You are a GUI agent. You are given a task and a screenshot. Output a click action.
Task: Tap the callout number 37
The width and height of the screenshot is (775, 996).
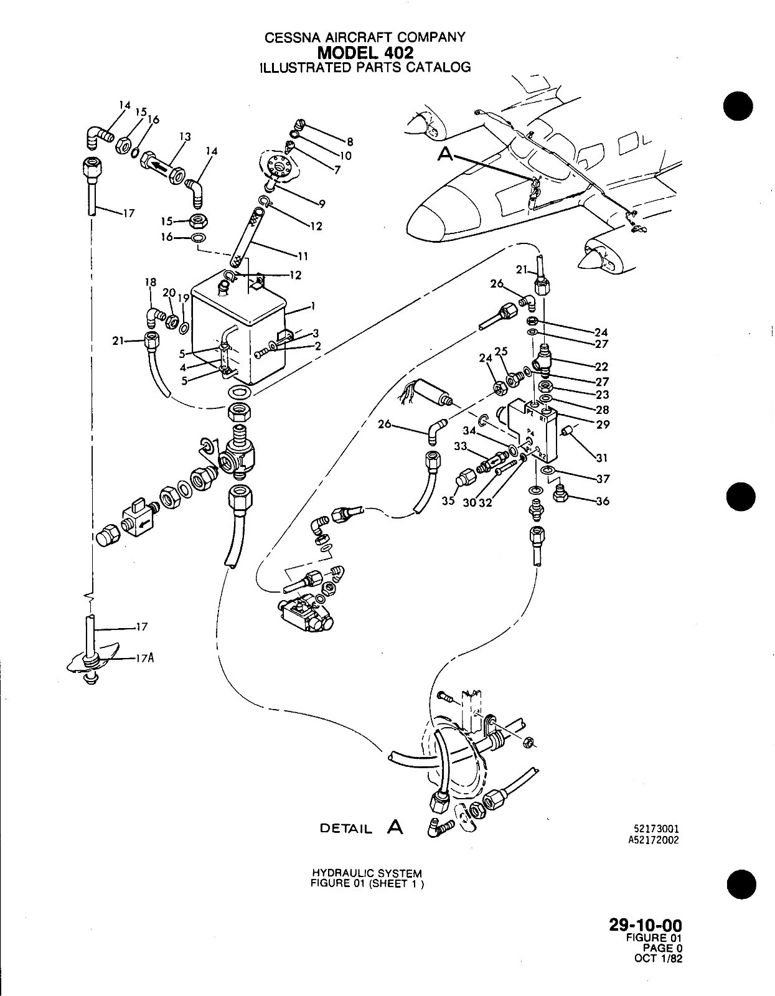[x=602, y=479]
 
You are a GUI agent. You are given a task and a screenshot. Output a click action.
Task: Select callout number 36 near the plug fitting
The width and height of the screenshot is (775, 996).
[x=602, y=500]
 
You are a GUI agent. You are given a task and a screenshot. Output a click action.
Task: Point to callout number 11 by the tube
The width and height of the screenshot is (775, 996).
[x=303, y=256]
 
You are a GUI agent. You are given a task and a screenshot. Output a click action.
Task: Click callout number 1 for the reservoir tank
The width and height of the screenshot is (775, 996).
[x=314, y=306]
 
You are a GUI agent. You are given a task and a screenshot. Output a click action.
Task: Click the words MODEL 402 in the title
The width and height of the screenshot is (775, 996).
[x=365, y=52]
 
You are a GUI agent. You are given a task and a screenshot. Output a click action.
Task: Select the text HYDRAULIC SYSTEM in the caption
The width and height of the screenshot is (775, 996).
[x=366, y=873]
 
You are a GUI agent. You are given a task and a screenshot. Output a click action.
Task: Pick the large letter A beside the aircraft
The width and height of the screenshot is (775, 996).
[x=445, y=154]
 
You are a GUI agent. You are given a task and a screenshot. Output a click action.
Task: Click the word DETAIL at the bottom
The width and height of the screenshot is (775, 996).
[x=345, y=829]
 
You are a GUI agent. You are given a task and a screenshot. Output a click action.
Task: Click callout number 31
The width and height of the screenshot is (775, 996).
[x=601, y=458]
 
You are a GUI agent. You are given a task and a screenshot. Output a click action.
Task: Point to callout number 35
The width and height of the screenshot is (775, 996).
[x=449, y=502]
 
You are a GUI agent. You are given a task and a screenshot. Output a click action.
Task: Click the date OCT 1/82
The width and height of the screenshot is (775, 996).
[x=658, y=958]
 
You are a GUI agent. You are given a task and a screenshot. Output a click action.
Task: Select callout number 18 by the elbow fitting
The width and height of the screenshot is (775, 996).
[x=151, y=283]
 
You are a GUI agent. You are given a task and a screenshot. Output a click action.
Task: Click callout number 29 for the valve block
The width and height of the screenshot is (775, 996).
[x=603, y=425]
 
